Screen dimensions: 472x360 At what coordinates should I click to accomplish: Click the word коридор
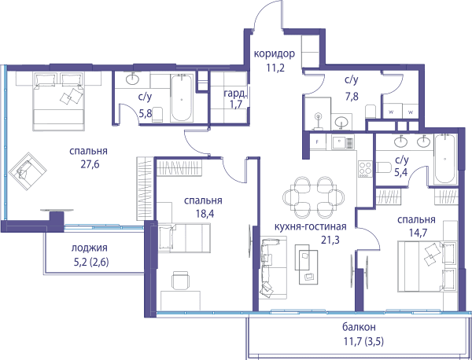[x=275, y=54]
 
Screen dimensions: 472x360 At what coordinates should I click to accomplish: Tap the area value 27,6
[x=90, y=164]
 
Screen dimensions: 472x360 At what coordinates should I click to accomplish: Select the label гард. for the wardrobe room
[x=236, y=94]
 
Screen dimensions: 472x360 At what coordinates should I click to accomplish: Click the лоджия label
[x=90, y=248]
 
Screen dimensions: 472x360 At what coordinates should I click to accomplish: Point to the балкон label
[x=359, y=327]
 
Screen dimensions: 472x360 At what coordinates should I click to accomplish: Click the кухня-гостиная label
[x=311, y=226]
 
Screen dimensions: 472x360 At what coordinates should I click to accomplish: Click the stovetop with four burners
[x=365, y=169]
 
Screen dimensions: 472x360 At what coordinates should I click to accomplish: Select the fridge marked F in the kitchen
[x=318, y=141]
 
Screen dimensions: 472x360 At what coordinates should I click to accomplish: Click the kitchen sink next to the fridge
[x=343, y=141]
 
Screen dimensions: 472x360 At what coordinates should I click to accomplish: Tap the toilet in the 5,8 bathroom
[x=157, y=115]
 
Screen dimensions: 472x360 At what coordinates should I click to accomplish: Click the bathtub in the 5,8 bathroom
[x=181, y=98]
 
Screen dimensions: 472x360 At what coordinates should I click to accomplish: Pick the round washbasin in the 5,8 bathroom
[x=132, y=79]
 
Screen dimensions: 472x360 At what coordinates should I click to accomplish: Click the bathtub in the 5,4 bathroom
[x=445, y=159]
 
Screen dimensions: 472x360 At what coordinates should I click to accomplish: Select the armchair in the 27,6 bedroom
[x=28, y=171]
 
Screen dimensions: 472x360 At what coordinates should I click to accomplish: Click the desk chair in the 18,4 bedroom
[x=180, y=281]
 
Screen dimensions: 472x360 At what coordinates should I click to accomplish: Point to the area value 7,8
[x=352, y=97]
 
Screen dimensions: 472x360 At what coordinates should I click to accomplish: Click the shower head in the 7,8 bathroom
[x=318, y=116]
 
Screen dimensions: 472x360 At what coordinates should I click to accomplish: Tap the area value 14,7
[x=416, y=233]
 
